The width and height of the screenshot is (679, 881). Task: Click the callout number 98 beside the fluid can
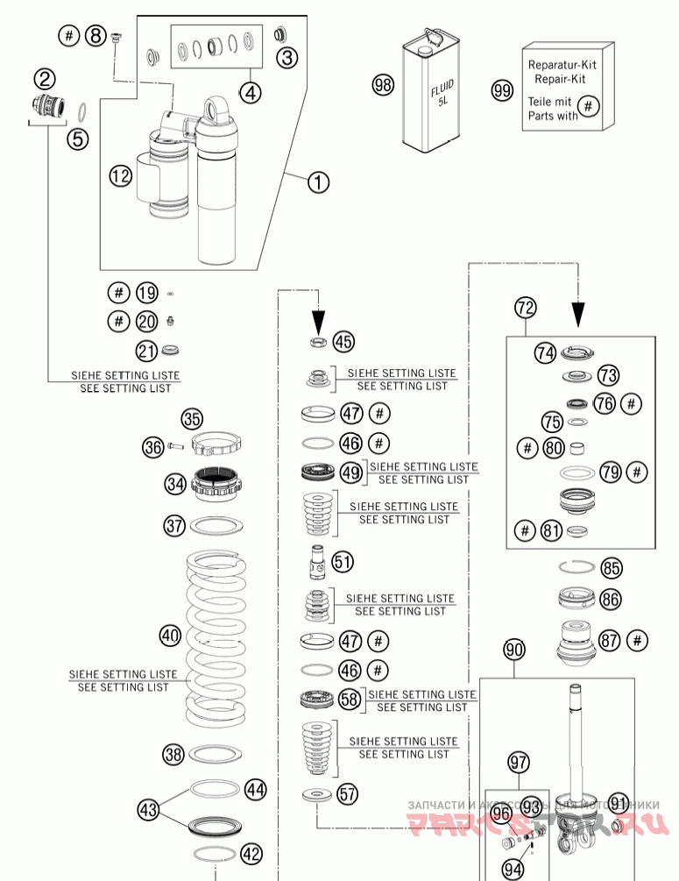(383, 85)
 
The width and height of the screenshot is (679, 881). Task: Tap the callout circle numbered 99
(501, 90)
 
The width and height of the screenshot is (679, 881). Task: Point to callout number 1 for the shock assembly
(317, 182)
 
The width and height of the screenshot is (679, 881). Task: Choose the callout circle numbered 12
(120, 176)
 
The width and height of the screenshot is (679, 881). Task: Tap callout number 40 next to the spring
(170, 634)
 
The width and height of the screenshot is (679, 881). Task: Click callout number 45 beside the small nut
(344, 342)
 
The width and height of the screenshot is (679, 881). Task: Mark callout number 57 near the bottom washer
(348, 795)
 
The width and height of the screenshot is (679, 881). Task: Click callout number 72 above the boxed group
(525, 308)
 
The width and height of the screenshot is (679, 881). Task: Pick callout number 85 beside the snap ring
(611, 568)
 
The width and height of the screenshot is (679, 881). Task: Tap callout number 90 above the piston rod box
(514, 650)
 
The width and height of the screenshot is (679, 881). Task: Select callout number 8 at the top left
(95, 36)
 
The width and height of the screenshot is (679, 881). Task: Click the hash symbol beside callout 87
(638, 640)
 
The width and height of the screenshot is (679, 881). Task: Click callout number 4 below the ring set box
(251, 92)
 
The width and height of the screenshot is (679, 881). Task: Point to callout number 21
(146, 352)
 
